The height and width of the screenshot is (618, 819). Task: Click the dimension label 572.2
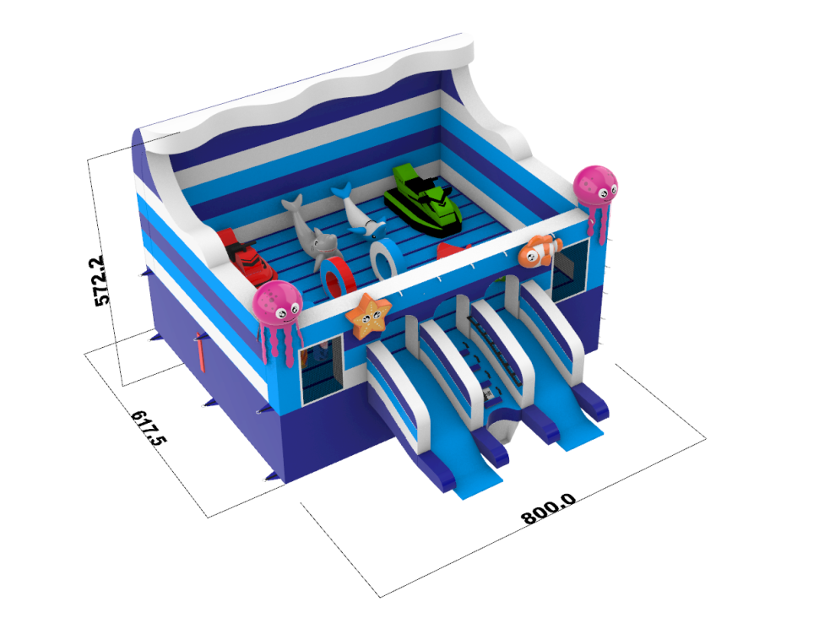click(x=103, y=279)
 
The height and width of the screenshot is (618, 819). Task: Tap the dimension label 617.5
click(x=149, y=427)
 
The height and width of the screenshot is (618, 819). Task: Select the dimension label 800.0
click(x=549, y=508)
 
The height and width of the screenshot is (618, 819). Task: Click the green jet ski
click(x=423, y=199)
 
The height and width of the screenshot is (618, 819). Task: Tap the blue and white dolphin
click(x=358, y=212)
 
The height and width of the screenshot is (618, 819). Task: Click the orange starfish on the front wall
click(x=368, y=314)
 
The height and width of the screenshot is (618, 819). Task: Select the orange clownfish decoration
click(x=539, y=252)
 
